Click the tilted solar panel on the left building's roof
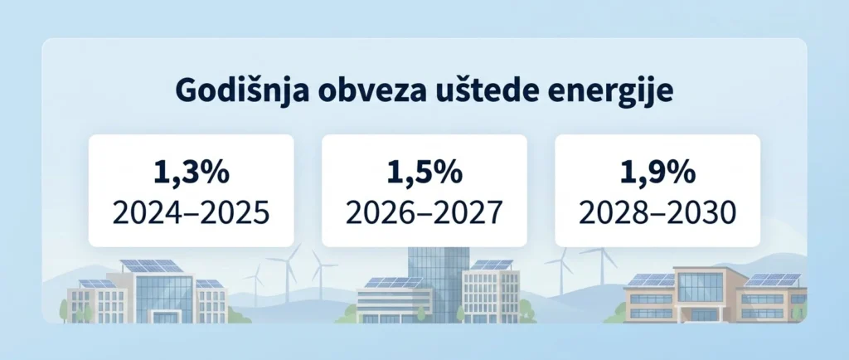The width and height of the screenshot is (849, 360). click(152, 266)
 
